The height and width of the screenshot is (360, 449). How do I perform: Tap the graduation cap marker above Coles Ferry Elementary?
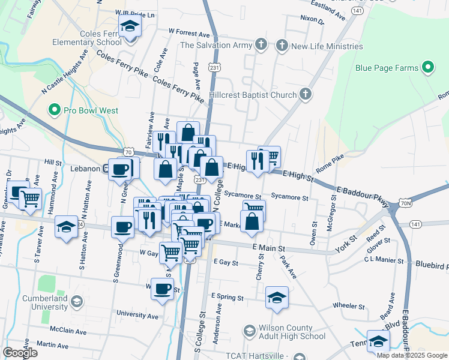(128, 27)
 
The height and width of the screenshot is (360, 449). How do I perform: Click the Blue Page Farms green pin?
(429, 68)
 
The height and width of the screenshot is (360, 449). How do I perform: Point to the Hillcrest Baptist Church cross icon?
(306, 94)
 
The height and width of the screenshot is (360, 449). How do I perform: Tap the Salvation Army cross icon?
(261, 45)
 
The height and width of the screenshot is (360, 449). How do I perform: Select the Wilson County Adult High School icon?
(249, 331)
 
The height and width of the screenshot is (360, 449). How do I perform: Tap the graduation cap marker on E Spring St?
(277, 298)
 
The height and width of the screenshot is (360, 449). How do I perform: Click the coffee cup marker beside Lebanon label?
(119, 169)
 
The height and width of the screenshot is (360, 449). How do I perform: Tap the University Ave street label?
(138, 314)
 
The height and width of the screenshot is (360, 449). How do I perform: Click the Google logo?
(20, 353)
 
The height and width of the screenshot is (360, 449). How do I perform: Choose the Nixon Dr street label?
(312, 21)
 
